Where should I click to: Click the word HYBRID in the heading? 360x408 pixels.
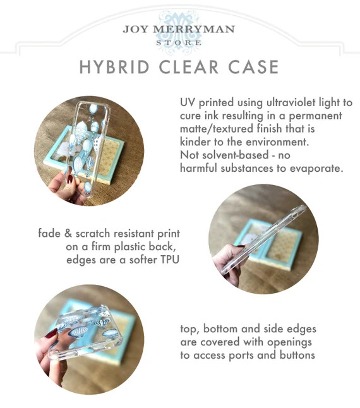[114, 67]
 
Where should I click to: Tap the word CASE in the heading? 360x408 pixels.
[253, 67]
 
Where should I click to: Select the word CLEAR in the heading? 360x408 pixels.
[189, 67]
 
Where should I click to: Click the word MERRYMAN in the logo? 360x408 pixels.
[194, 29]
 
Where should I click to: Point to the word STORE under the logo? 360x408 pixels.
[179, 43]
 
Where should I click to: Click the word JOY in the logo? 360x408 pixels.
[136, 29]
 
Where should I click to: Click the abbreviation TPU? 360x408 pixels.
[170, 260]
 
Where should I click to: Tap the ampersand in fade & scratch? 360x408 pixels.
[68, 233]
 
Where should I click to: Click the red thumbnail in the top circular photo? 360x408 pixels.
[69, 179]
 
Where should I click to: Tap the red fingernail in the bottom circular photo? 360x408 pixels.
[51, 333]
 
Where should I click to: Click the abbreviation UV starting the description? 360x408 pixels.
[188, 102]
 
